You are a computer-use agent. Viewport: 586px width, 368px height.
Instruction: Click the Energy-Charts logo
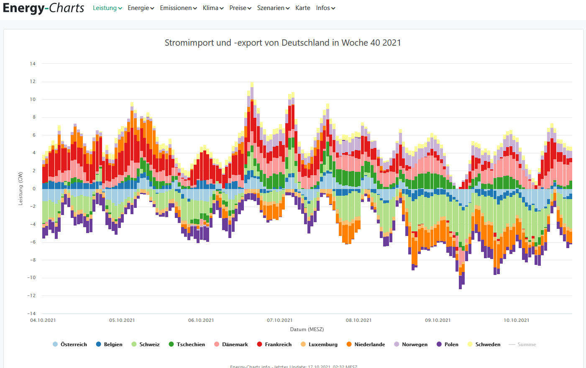click(44, 8)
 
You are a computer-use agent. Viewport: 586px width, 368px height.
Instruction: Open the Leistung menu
click(107, 8)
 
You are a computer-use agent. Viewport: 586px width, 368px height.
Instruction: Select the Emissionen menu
click(178, 8)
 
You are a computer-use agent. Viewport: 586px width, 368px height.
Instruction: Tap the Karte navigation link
click(302, 8)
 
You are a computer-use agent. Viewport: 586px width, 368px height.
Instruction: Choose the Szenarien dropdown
click(273, 8)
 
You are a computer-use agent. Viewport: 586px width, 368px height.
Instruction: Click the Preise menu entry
click(240, 8)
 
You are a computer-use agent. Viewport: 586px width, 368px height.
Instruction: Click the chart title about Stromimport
click(283, 43)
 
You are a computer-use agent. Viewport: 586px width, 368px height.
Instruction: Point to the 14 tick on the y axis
click(33, 64)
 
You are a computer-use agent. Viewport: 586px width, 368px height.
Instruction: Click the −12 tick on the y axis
click(31, 295)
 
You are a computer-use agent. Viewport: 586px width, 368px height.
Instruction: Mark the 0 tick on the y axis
click(34, 189)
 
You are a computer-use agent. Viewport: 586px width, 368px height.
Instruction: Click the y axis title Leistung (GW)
click(20, 189)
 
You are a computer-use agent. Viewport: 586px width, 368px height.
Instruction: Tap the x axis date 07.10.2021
click(280, 320)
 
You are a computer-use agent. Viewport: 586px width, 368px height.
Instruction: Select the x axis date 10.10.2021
click(516, 320)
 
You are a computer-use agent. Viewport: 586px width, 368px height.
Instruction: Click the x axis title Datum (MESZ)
click(307, 329)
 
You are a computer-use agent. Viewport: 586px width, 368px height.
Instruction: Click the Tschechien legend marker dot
click(171, 344)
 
